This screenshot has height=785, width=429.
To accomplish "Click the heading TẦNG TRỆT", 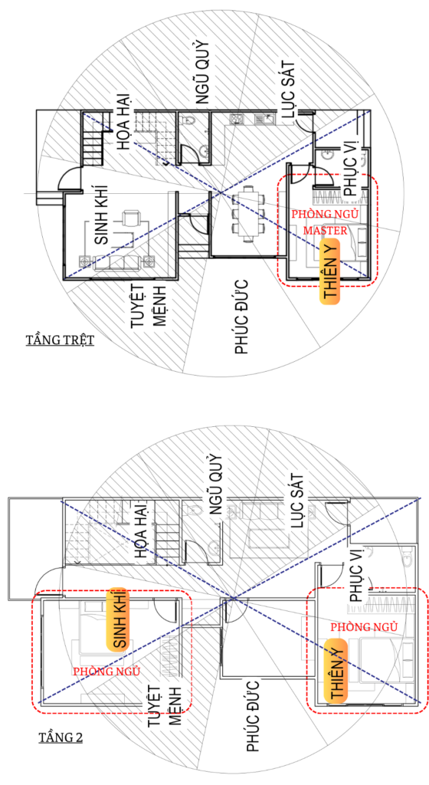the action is tap(60, 340).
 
